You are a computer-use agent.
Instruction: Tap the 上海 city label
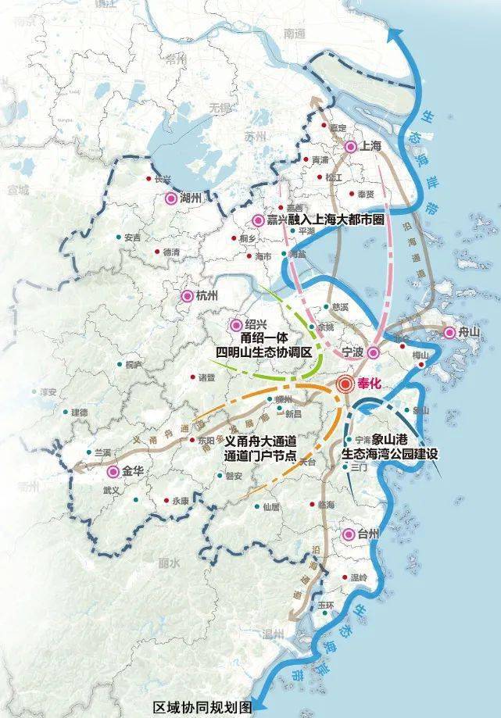click(x=369, y=146)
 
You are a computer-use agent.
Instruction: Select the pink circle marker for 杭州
click(x=188, y=295)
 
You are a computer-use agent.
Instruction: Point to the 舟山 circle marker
click(x=449, y=333)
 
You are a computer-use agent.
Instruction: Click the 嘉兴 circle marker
click(x=259, y=220)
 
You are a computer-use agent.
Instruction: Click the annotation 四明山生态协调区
click(x=264, y=353)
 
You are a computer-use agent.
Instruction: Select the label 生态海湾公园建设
click(x=394, y=452)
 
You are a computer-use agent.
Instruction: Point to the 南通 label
click(x=295, y=34)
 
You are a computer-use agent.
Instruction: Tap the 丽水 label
click(x=168, y=563)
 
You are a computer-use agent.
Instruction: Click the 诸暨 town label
click(x=206, y=378)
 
